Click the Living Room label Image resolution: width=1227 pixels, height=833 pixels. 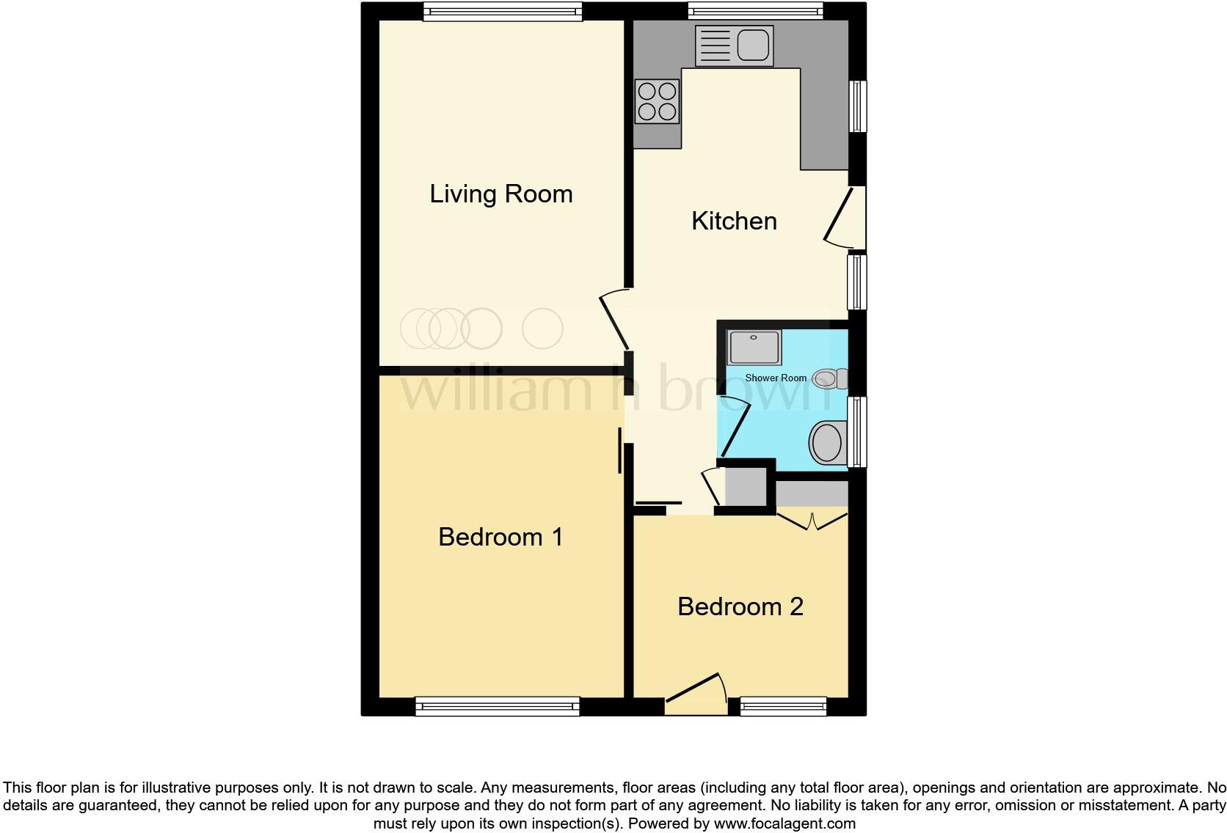pos(500,194)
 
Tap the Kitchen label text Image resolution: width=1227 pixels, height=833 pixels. pos(734,221)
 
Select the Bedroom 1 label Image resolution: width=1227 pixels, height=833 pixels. pos(500,537)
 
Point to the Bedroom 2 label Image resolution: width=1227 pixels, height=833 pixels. pos(740,607)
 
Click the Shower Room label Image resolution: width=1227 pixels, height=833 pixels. pos(776,378)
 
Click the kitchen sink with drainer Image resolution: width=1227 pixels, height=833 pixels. pos(734,45)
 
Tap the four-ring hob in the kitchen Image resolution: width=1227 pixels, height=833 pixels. pos(657,101)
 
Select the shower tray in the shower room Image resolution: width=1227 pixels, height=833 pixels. pos(754,347)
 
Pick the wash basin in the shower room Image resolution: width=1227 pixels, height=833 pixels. pos(828,442)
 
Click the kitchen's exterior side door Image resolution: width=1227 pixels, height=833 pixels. pos(844,218)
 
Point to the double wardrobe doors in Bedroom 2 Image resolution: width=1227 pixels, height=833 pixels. pos(812,521)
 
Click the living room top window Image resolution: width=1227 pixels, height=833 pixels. pos(503,11)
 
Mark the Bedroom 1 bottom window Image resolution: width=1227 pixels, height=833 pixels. pos(497,707)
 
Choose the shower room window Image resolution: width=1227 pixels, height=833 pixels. pos(856,431)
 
